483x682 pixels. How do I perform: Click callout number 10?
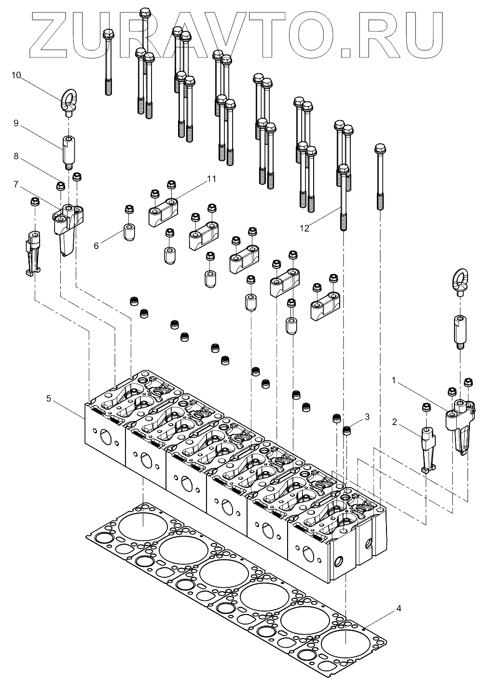(16, 75)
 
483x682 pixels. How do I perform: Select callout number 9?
(16, 124)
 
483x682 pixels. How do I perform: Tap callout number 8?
(16, 156)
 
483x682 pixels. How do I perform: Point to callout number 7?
(16, 184)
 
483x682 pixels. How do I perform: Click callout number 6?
(96, 246)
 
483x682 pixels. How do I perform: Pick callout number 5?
(48, 398)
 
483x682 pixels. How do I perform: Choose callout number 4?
(398, 608)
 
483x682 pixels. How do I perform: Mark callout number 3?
(367, 416)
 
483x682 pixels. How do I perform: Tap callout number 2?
(395, 422)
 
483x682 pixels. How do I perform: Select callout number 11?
(211, 179)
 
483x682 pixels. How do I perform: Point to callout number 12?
(305, 229)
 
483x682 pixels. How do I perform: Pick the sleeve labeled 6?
(129, 233)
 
